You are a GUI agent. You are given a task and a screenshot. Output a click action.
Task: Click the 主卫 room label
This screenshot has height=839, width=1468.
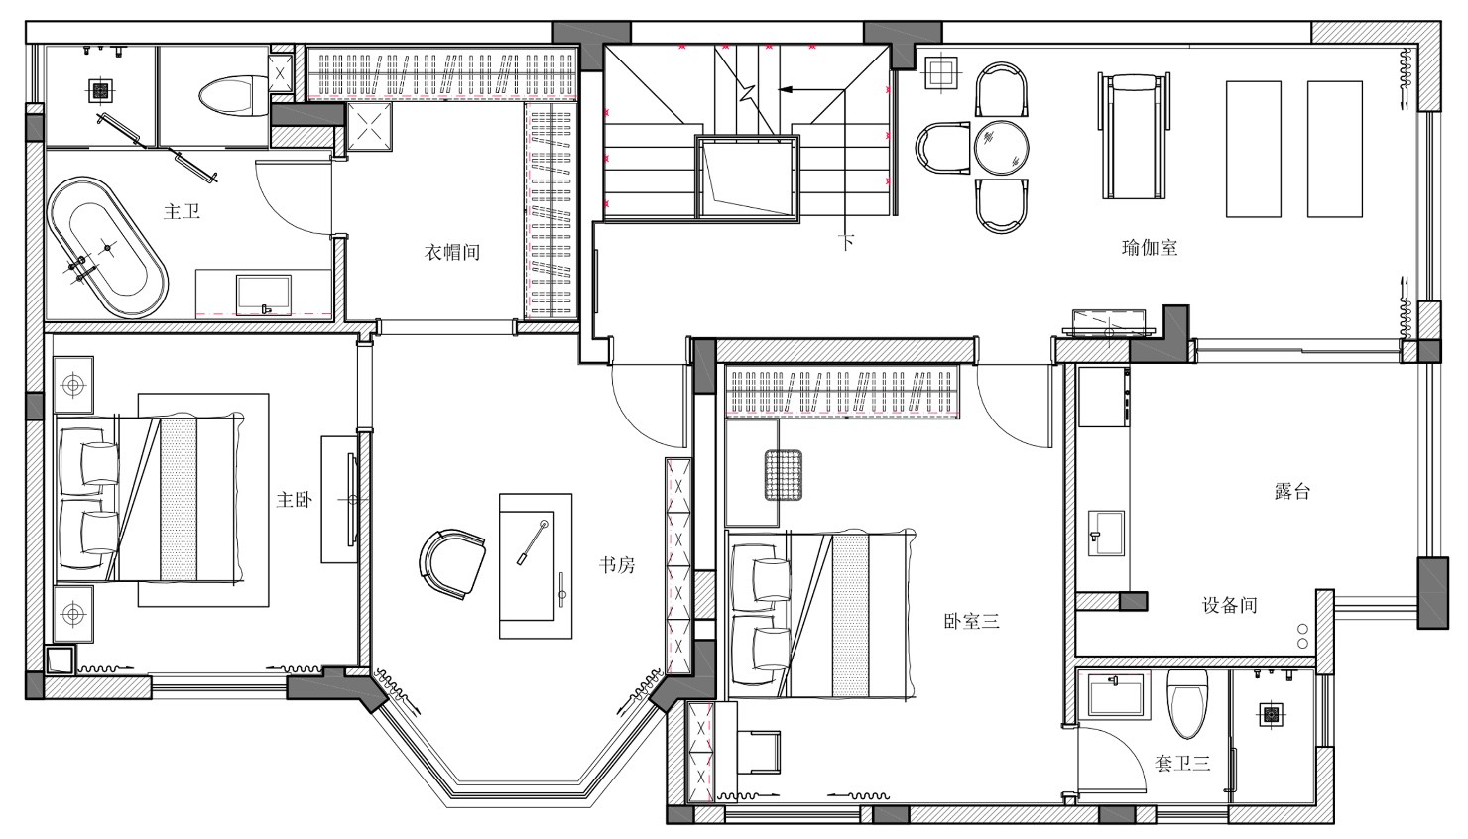(182, 211)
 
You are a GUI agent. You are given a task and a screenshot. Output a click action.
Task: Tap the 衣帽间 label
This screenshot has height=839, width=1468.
(452, 252)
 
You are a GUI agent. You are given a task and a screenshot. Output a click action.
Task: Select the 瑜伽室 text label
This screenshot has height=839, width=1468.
(1150, 248)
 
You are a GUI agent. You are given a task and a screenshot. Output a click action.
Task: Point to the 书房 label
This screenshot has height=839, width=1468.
(617, 565)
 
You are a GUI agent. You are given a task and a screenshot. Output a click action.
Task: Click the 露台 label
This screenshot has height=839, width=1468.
(1291, 491)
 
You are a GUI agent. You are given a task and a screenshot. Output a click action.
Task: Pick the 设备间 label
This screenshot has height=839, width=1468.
(1230, 604)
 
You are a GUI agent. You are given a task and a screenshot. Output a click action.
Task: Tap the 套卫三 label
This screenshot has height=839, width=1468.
(1181, 763)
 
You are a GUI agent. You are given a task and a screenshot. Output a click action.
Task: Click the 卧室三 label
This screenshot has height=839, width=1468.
(971, 621)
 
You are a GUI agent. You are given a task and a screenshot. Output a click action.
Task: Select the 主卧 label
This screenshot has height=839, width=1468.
(294, 500)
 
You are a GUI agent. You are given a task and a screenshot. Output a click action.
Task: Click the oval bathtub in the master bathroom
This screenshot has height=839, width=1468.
(107, 248)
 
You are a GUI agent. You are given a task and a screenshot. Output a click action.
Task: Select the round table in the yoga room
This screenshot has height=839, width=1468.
(1001, 148)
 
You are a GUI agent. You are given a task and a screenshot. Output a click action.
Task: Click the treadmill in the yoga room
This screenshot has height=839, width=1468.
(1135, 136)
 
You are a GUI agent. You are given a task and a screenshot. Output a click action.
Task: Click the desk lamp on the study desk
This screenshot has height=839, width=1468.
(532, 542)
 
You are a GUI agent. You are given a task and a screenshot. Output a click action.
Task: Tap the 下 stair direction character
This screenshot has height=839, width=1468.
(847, 243)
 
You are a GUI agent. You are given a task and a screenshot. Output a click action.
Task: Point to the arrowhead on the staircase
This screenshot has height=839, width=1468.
(785, 89)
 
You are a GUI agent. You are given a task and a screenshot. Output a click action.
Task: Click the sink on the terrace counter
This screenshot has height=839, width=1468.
(1106, 533)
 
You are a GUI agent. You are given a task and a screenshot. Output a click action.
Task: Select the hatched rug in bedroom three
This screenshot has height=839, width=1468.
(784, 475)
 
